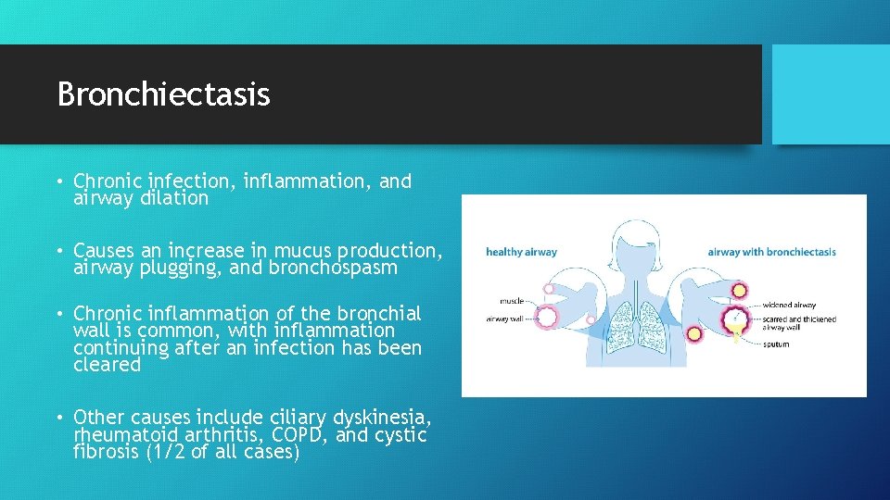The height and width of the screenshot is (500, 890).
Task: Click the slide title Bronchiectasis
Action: pos(163,94)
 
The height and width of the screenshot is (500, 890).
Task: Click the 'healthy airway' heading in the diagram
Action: pos(521,252)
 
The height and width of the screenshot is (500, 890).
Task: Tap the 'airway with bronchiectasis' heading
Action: pos(771,252)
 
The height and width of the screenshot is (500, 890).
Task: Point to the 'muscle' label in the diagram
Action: pos(510,301)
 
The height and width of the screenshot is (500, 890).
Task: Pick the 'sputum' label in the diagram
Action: pos(777,344)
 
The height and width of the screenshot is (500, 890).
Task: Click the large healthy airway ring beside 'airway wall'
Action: pos(548,318)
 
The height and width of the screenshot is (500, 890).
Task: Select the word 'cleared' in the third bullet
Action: pos(107,365)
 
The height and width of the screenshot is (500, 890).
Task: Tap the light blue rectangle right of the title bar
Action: pos(831,94)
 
